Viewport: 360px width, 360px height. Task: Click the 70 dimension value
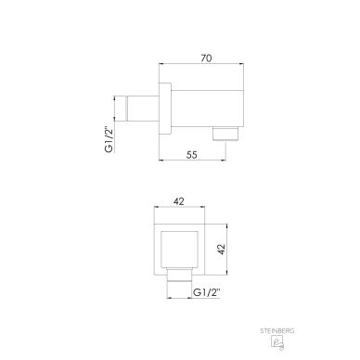click(x=206, y=58)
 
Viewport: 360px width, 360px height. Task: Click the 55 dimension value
click(x=192, y=154)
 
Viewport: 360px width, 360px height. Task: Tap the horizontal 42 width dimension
click(x=179, y=201)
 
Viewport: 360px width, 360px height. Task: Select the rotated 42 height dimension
click(x=221, y=250)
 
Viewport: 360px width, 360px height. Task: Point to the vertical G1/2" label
click(x=109, y=139)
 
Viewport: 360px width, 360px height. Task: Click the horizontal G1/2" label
click(x=206, y=292)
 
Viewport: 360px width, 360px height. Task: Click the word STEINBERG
click(x=277, y=331)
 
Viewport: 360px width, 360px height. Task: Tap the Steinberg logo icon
click(x=277, y=342)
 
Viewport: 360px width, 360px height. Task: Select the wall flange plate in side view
click(x=165, y=109)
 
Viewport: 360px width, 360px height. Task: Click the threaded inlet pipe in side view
click(x=142, y=108)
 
